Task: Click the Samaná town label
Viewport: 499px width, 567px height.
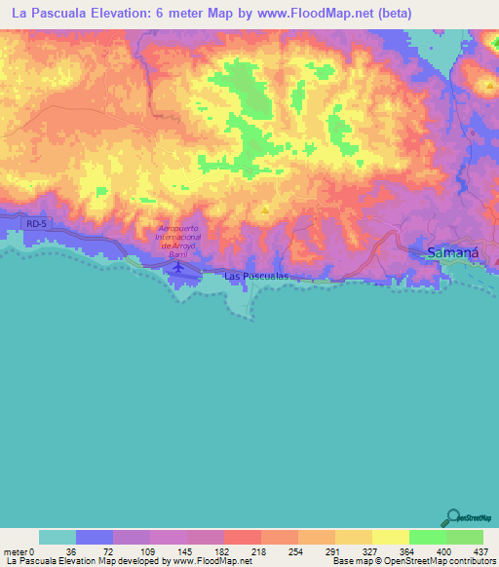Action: (x=452, y=253)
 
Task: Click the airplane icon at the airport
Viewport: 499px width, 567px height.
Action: (x=179, y=266)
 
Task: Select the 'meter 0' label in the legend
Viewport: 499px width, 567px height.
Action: (x=19, y=551)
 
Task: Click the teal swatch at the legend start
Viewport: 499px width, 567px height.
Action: (x=58, y=537)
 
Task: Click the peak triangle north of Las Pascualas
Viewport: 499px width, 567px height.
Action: (x=265, y=208)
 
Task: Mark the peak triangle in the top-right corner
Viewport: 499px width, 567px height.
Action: (x=487, y=86)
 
